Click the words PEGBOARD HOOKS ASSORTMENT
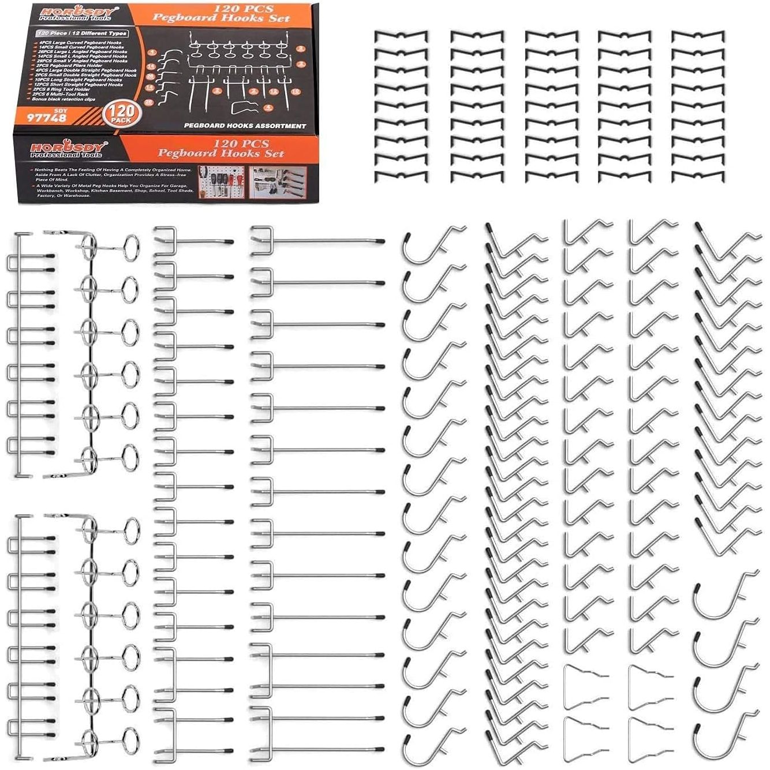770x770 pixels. click(245, 125)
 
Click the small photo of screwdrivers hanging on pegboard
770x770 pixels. click(222, 182)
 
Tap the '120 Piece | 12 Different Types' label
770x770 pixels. click(81, 33)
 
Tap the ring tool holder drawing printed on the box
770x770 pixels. click(237, 48)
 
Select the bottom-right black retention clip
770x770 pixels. click(699, 177)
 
